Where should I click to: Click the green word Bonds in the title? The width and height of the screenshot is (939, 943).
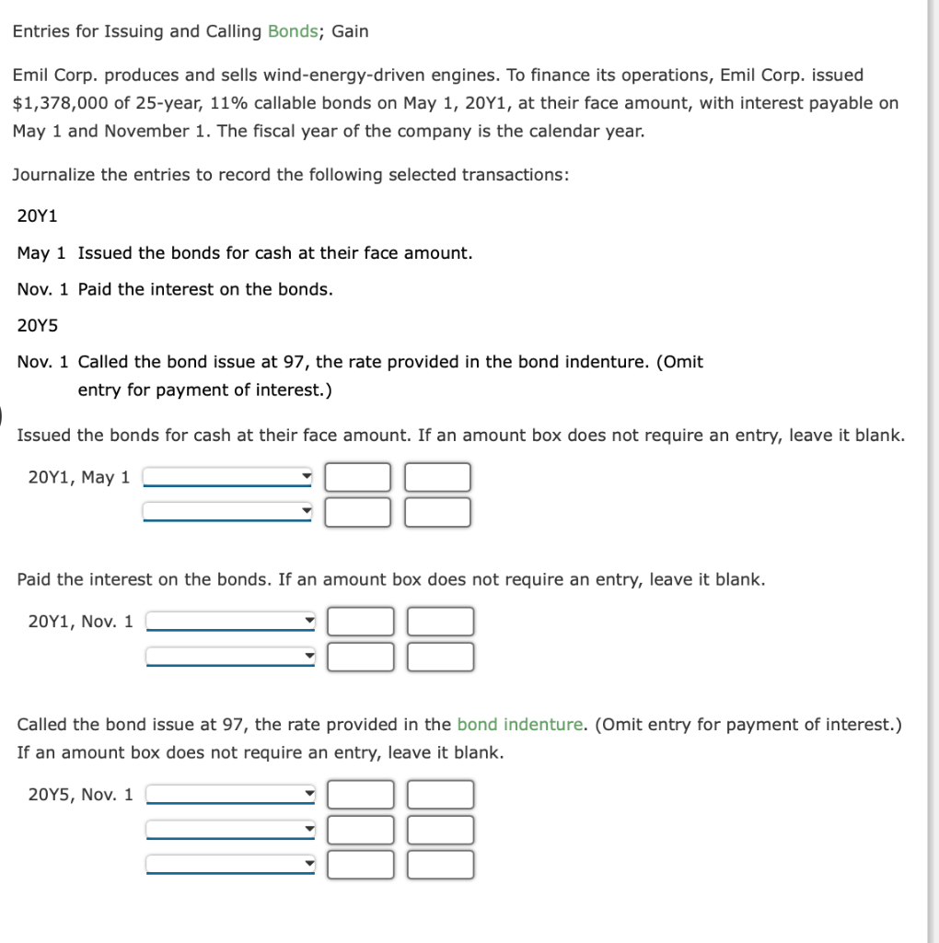coord(292,31)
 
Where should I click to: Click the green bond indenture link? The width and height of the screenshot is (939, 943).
coord(520,725)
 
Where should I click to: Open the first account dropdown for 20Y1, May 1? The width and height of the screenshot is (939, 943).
coord(227,477)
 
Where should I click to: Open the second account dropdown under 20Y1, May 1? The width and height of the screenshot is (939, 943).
coord(227,511)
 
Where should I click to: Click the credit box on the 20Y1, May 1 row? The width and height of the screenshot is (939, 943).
coord(438,477)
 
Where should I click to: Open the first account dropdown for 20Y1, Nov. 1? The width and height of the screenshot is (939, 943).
coord(231,622)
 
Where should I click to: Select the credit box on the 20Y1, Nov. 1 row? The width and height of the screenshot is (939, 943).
coord(442,622)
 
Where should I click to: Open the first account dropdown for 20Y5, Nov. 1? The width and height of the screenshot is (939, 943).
coord(231,794)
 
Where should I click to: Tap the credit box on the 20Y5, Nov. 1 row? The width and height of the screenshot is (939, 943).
coord(442,794)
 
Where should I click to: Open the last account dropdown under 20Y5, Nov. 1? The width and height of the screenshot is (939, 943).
coord(231,865)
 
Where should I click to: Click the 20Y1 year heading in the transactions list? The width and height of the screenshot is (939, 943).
coord(38,216)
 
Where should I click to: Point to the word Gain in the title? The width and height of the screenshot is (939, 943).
coord(350,31)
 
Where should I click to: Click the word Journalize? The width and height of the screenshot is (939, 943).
coord(53,174)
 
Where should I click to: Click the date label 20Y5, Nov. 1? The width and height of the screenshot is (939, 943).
coord(81,794)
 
